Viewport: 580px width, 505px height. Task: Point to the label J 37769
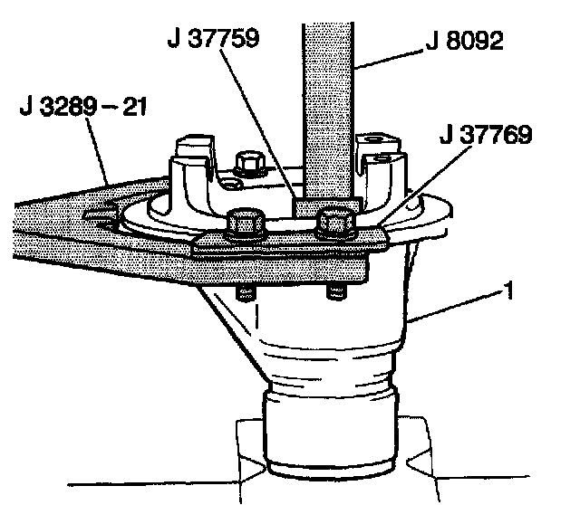(x=486, y=136)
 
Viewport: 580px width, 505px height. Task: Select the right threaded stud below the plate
(x=334, y=291)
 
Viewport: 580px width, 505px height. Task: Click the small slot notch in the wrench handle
(x=101, y=214)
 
